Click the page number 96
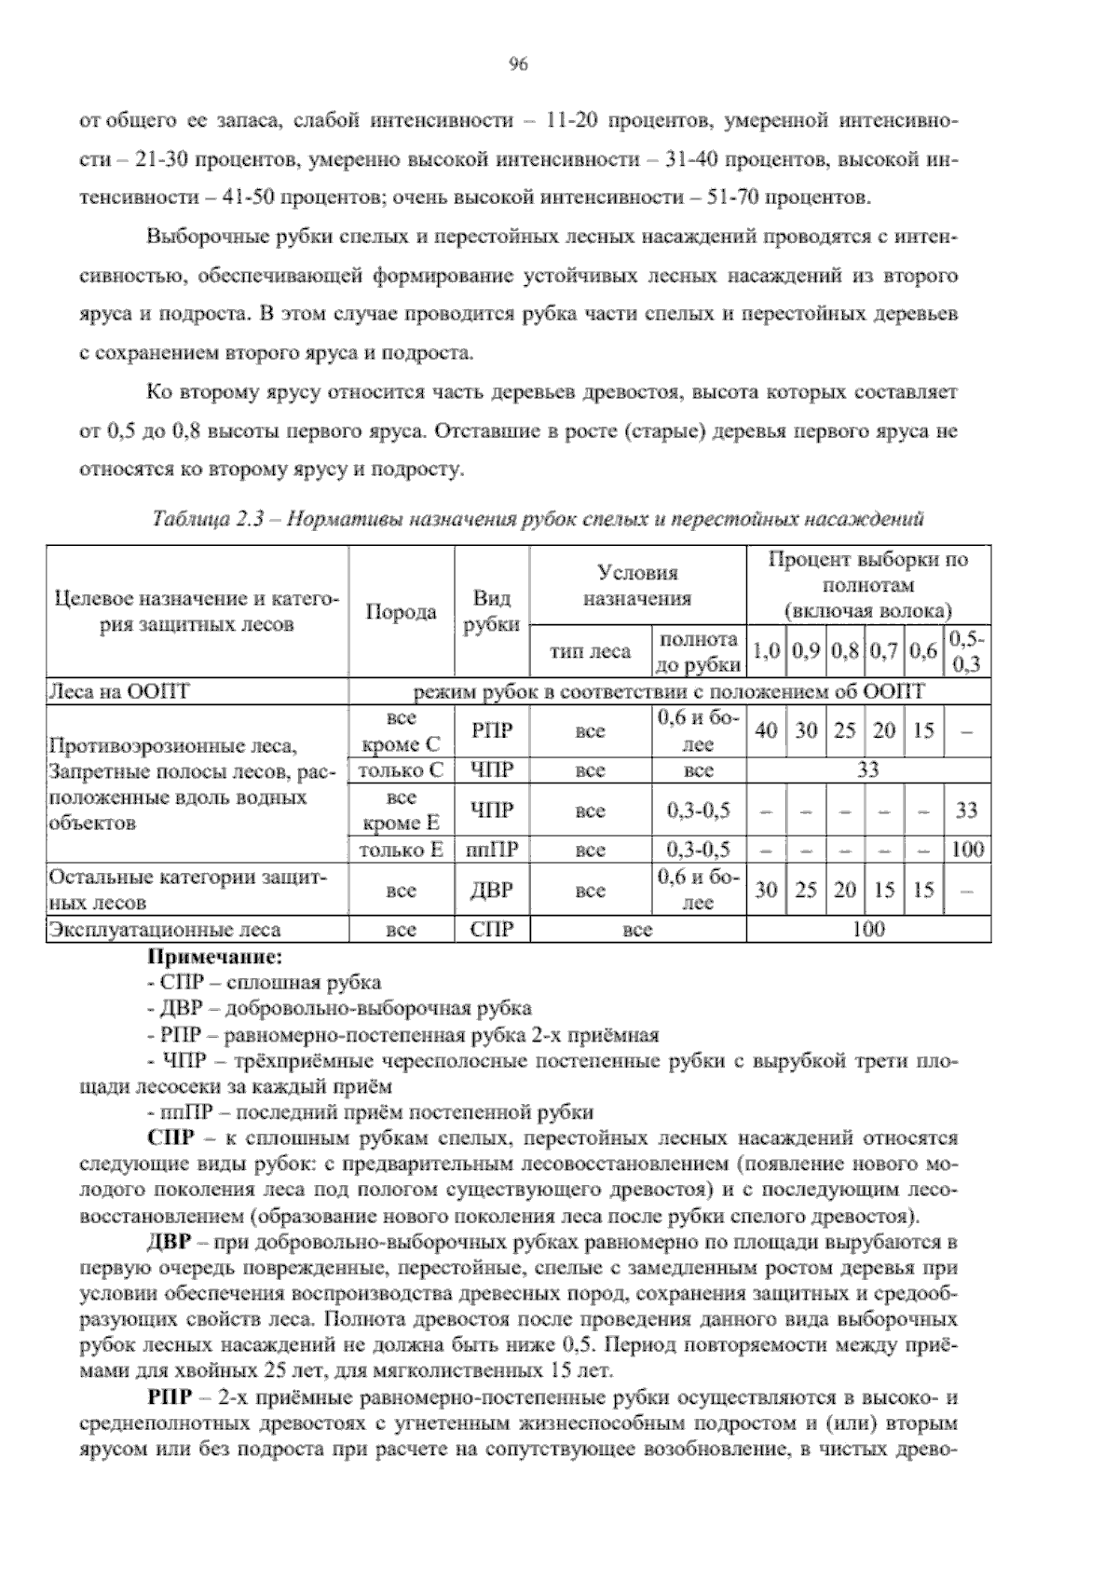tap(519, 63)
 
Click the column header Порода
tap(401, 612)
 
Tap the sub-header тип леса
tap(591, 652)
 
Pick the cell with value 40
tap(766, 731)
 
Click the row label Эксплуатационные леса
tap(165, 930)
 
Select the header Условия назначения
tap(637, 585)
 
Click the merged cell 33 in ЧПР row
tap(867, 770)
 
